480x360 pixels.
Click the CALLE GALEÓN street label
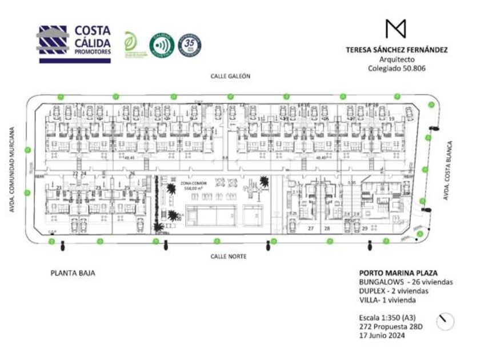230,76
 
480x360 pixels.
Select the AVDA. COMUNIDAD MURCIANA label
12,170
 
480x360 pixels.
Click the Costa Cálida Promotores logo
74,43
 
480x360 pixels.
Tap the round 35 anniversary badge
189,45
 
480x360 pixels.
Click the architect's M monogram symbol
395,29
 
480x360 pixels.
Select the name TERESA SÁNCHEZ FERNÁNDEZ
397,50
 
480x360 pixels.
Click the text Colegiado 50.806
397,68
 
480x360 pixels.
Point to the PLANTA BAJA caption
73,273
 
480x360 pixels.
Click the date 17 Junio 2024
382,335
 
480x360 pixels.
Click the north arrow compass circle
445,322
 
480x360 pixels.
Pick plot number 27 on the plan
311,229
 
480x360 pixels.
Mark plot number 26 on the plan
132,173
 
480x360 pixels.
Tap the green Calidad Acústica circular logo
160,45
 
